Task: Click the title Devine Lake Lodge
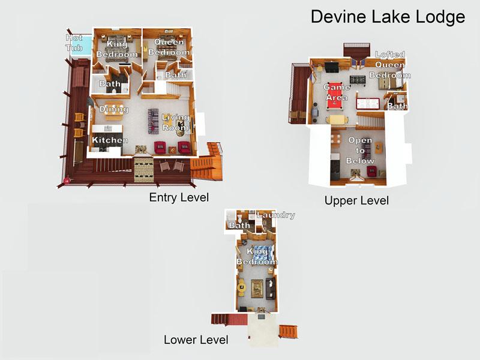[x=388, y=17]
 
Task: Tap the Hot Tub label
[x=74, y=43]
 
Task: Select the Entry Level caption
[x=178, y=197]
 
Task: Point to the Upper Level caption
[x=356, y=200]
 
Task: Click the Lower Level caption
[x=196, y=340]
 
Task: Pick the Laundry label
[x=275, y=215]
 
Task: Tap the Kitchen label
[x=110, y=140]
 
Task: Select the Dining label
[x=114, y=109]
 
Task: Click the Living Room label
[x=175, y=122]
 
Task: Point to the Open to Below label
[x=361, y=151]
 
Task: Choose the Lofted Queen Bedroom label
[x=390, y=65]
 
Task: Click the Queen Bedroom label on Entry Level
[x=170, y=47]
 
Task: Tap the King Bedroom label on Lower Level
[x=257, y=257]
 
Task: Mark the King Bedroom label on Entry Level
[x=118, y=49]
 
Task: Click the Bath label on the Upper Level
[x=397, y=106]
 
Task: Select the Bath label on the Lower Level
[x=239, y=226]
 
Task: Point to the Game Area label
[x=336, y=92]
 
